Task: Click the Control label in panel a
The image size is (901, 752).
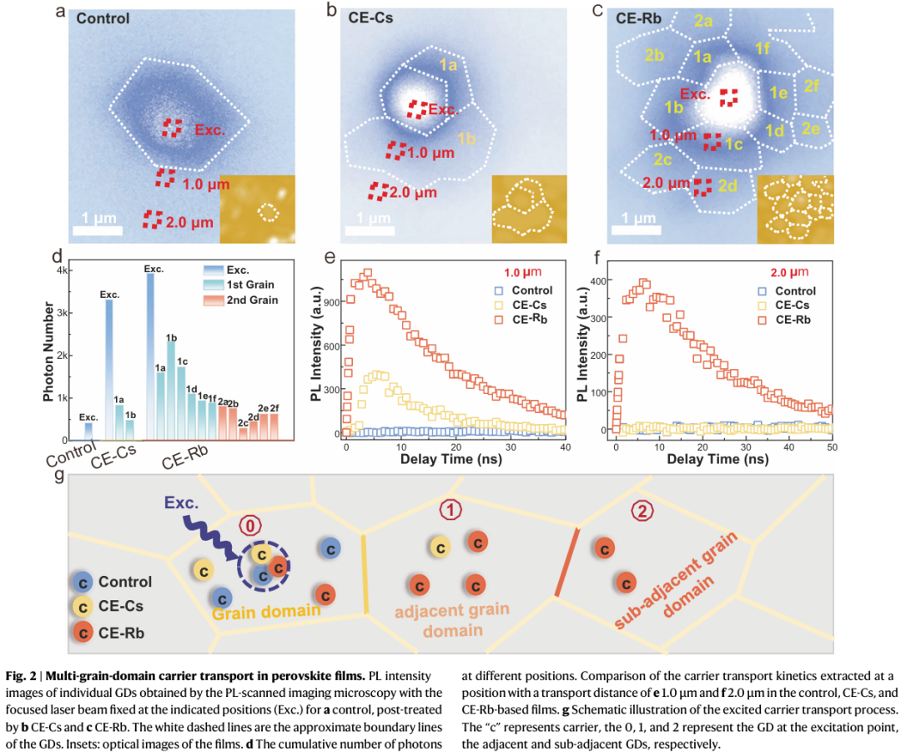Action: [103, 18]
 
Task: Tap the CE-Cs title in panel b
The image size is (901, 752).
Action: [371, 17]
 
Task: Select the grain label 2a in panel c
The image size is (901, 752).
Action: [702, 22]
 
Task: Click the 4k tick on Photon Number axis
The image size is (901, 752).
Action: [61, 270]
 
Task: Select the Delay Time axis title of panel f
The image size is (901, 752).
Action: [723, 460]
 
